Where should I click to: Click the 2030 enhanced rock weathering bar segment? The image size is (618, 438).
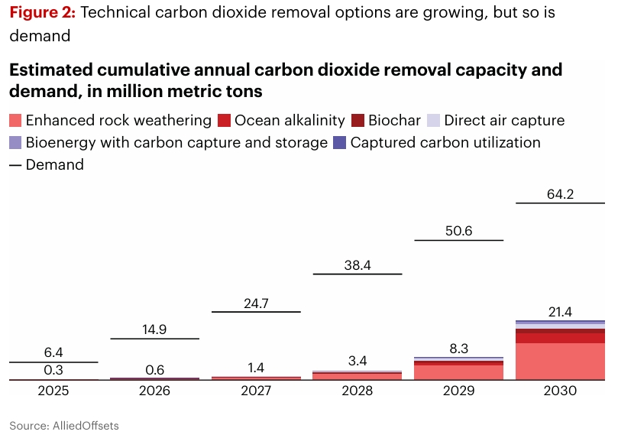[x=561, y=361]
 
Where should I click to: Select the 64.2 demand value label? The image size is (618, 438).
[x=561, y=194]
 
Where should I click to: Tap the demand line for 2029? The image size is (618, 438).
[x=458, y=241]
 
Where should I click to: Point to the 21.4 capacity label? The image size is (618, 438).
[x=561, y=311]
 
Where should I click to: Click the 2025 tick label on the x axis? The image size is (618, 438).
[x=53, y=391]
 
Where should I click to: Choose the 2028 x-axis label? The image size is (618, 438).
[x=357, y=391]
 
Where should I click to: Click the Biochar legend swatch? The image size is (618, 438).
[x=358, y=121]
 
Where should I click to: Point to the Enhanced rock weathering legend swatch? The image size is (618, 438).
[x=15, y=121]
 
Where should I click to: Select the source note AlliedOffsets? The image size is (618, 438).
[x=64, y=425]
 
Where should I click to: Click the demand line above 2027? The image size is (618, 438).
[x=256, y=312]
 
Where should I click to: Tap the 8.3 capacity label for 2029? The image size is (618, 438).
[x=458, y=348]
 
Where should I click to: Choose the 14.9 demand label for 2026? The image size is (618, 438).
[x=154, y=329]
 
